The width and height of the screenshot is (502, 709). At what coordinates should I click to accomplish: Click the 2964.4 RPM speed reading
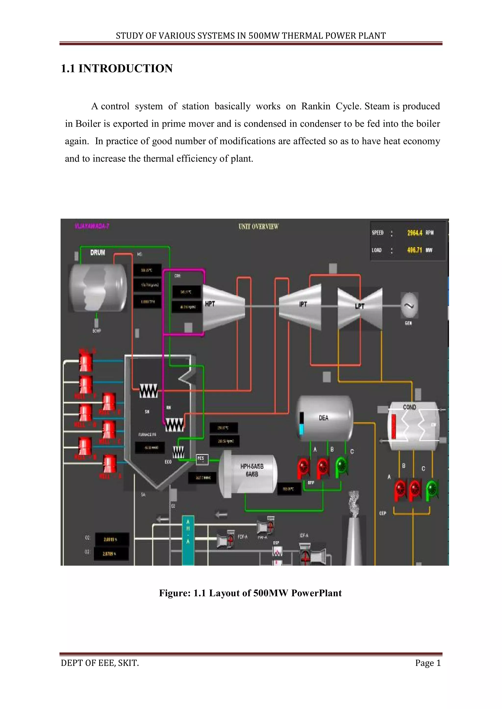[x=414, y=233]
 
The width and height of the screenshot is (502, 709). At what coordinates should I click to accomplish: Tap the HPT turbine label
[x=210, y=304]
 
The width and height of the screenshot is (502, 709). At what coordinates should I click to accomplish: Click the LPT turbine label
[x=360, y=306]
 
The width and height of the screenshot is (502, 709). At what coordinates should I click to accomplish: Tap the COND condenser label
[x=409, y=407]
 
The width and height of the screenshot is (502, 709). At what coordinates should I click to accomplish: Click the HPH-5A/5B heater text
[x=252, y=466]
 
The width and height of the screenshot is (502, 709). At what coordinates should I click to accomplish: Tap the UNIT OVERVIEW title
[x=258, y=227]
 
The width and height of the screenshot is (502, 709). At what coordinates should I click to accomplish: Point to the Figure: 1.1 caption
[x=250, y=593]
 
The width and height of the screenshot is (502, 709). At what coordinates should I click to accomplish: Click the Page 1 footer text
[x=428, y=663]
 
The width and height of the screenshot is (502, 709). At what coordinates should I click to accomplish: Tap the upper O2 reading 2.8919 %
[x=110, y=540]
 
